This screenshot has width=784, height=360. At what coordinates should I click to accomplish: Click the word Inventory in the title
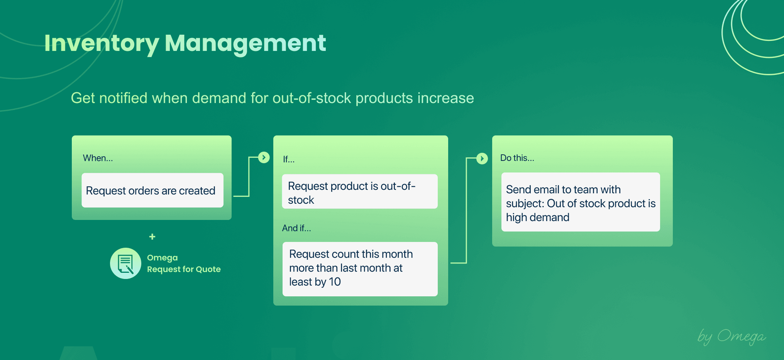[x=101, y=43]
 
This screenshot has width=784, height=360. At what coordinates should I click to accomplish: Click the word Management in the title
[x=245, y=43]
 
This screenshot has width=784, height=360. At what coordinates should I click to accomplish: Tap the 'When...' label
[x=98, y=158]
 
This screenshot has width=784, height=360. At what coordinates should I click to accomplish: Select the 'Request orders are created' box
[x=152, y=191]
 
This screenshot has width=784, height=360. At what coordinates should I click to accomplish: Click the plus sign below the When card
[x=152, y=237]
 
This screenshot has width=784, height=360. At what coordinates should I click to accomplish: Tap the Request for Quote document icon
[x=125, y=264]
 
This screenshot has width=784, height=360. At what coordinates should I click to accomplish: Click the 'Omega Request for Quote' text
[x=183, y=264]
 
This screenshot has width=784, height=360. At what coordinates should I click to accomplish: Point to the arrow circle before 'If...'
[x=264, y=157]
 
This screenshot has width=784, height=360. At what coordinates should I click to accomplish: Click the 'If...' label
[x=288, y=159]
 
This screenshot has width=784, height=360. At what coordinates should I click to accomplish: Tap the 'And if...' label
[x=296, y=228]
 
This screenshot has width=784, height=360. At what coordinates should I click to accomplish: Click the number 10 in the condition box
[x=335, y=282]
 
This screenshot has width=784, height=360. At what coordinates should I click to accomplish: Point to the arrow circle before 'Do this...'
[x=482, y=159]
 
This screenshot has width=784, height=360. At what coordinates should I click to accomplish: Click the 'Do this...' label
[x=517, y=158]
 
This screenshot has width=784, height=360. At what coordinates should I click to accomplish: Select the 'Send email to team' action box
[x=580, y=202]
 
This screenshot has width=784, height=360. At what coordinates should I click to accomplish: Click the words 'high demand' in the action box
[x=537, y=218]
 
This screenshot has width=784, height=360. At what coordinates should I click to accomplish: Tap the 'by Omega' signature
[x=731, y=336]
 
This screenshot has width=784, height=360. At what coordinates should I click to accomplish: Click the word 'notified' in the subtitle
[x=123, y=98]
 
